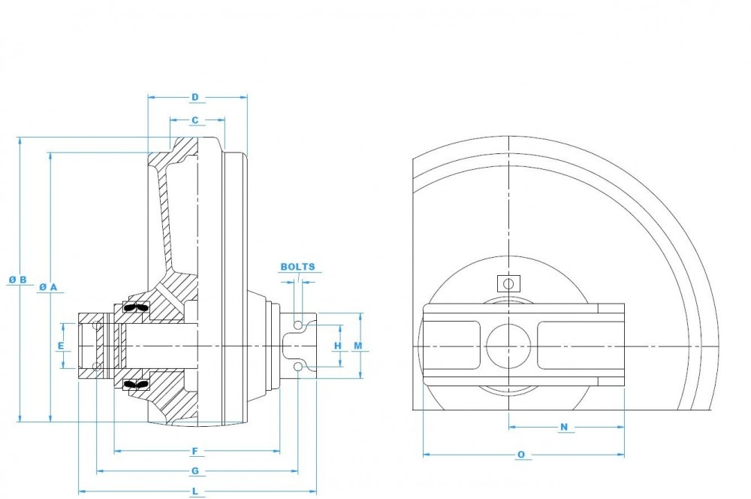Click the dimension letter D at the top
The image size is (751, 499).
195,97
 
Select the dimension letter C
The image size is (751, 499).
195,119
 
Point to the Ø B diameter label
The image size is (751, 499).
18,280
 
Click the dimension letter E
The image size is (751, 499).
61,346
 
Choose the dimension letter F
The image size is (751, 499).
195,451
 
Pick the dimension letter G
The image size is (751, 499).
195,471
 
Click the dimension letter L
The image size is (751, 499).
195,491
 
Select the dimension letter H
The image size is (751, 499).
338,346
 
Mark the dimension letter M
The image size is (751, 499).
358,346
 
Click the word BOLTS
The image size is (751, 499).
298,267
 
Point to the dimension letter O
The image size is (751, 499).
521,455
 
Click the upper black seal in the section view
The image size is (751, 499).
135,307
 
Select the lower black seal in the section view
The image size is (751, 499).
135,384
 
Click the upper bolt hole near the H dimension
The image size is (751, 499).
299,325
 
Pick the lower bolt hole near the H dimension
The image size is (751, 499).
299,366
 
